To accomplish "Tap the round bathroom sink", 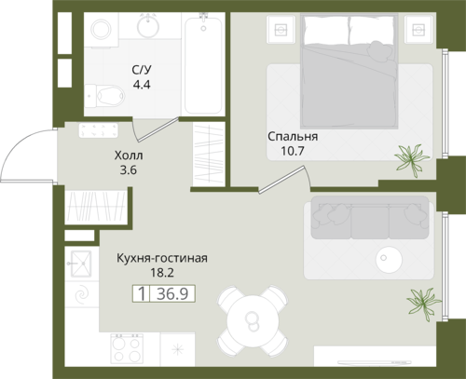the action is point(148,26).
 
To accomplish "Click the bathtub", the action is point(203,65).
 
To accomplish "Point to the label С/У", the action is point(142,70).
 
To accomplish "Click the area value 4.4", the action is point(142,85).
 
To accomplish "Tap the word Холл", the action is point(129,156).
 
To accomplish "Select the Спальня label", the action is point(293,137).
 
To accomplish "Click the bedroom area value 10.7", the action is point(293,151).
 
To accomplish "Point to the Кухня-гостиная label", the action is point(162,258).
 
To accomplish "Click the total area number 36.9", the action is point(172,293).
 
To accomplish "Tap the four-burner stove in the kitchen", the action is point(127,348).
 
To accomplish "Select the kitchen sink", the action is point(81,264).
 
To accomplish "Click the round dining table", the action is point(253,319).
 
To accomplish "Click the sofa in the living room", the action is point(370,218).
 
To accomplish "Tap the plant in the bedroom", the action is point(411,160).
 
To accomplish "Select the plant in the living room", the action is point(423,303).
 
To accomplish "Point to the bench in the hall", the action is point(98,130).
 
